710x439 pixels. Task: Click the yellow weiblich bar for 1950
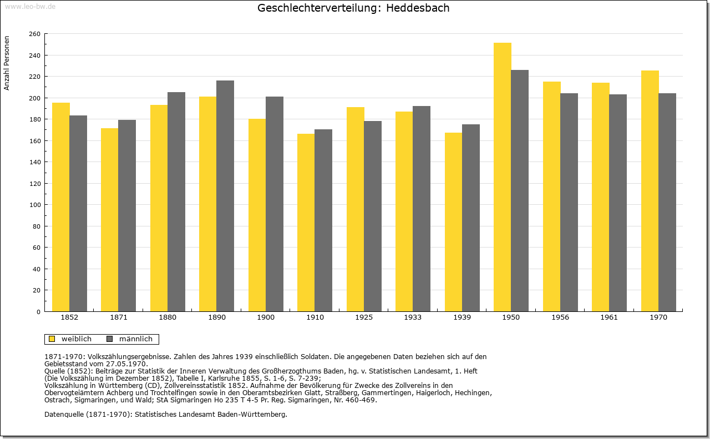click(503, 177)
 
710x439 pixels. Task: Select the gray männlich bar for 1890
click(225, 196)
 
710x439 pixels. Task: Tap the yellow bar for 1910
click(306, 223)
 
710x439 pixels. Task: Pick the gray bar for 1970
click(667, 203)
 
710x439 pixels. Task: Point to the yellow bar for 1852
click(61, 207)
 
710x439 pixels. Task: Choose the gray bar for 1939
click(471, 218)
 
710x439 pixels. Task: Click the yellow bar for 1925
click(356, 209)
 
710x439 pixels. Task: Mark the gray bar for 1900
click(275, 204)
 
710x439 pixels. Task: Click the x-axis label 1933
click(413, 317)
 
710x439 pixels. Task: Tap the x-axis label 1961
click(609, 317)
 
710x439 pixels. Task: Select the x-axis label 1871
click(119, 317)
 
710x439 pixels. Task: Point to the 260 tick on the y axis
click(34, 34)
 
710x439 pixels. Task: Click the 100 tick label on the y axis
click(34, 205)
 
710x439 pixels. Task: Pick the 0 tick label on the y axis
click(38, 312)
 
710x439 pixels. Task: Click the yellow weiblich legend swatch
click(52, 339)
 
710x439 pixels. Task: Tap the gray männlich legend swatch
click(109, 339)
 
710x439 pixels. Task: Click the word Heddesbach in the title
click(418, 8)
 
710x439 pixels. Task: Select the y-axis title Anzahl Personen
click(7, 63)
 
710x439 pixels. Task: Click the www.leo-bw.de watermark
click(30, 7)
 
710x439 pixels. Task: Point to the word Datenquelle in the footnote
click(64, 415)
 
